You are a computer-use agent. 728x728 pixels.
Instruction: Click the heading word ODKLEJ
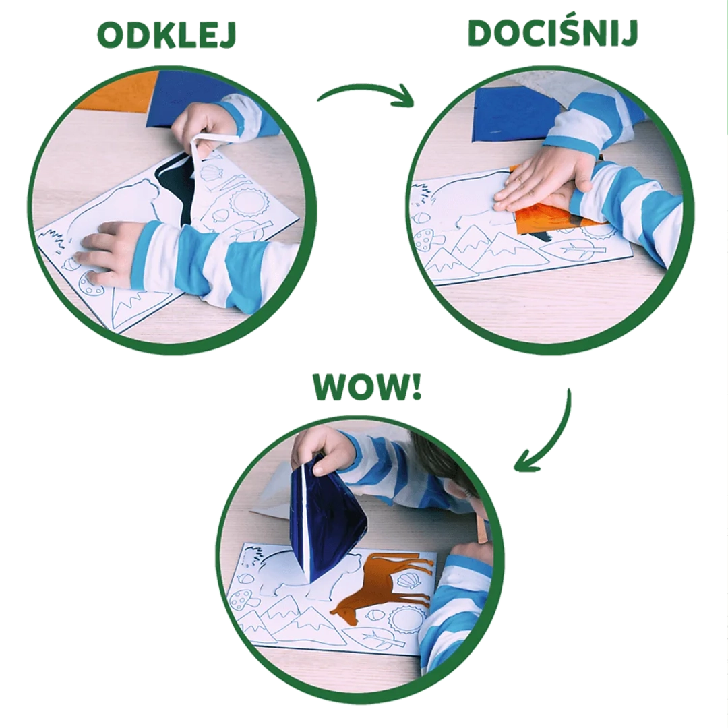click(166, 36)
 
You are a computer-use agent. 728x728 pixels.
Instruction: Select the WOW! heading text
click(367, 386)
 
